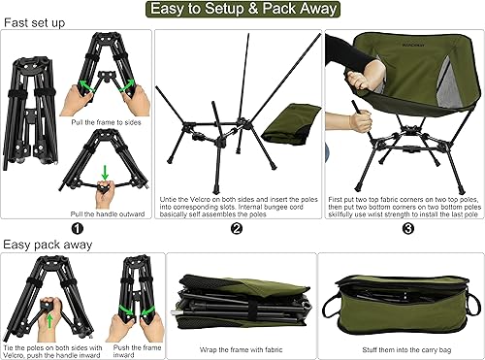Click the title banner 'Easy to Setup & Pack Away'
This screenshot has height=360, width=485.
242,10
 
